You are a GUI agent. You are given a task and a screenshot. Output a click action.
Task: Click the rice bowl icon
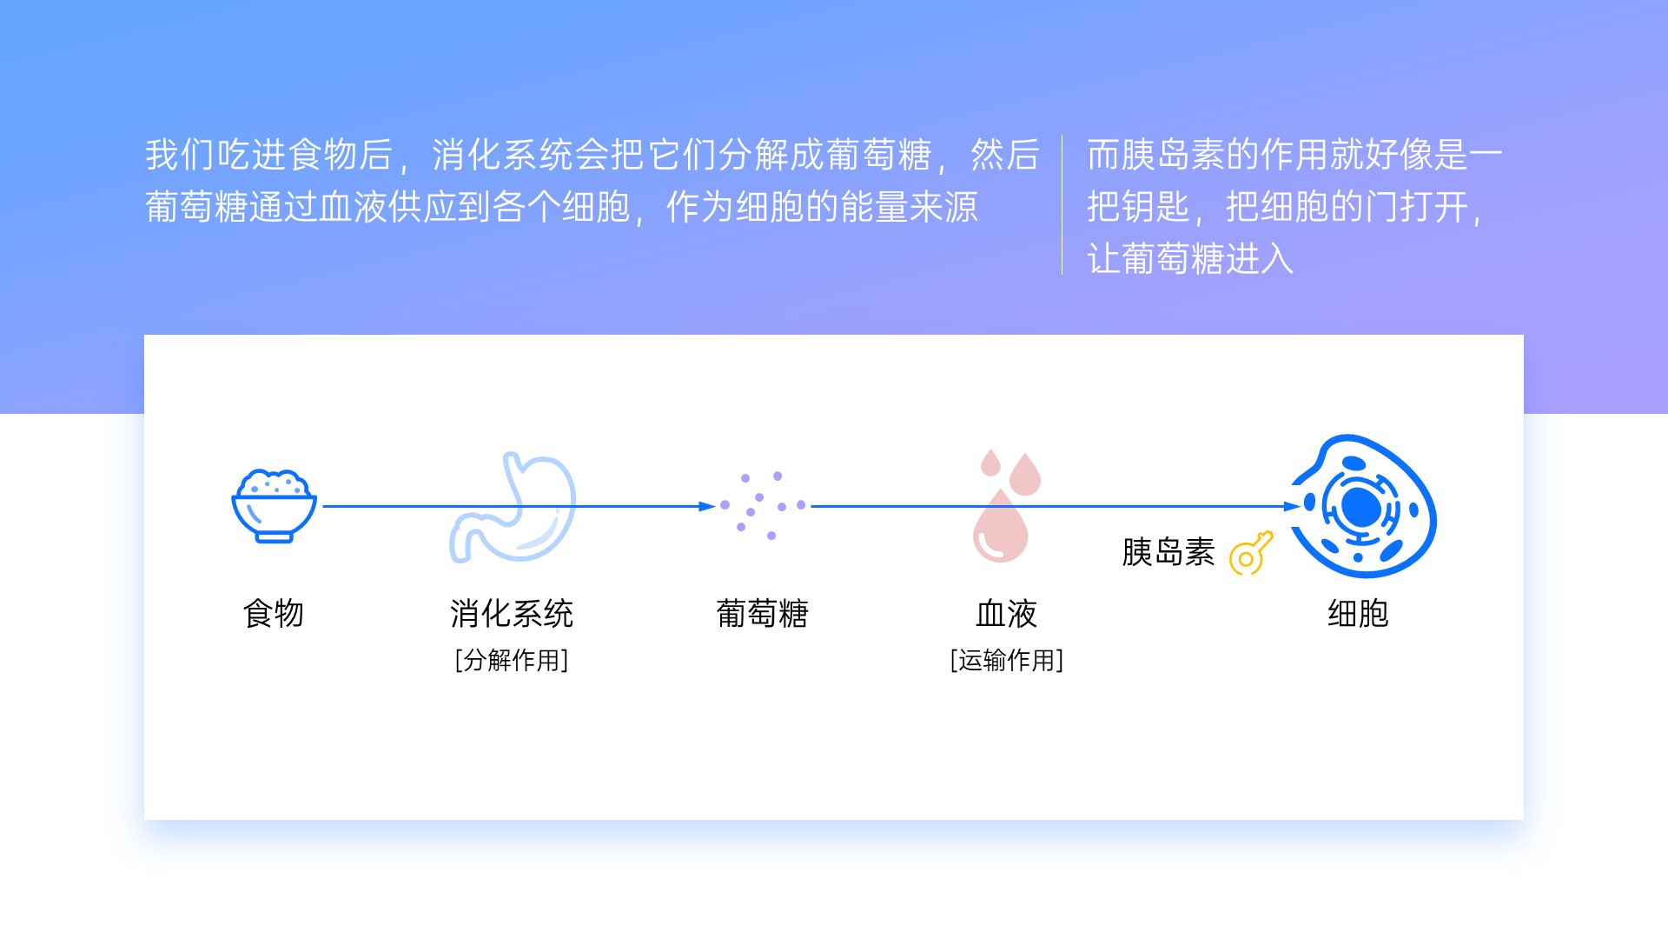click(x=274, y=506)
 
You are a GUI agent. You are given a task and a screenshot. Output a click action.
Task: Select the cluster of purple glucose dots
click(x=763, y=506)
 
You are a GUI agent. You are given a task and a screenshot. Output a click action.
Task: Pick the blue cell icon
click(x=1363, y=506)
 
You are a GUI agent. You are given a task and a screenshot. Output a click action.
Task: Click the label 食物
click(x=274, y=614)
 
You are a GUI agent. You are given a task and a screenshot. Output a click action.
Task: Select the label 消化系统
click(x=512, y=614)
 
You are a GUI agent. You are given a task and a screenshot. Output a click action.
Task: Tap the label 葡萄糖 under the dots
click(x=763, y=614)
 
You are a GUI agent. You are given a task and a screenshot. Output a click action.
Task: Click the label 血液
click(x=1007, y=614)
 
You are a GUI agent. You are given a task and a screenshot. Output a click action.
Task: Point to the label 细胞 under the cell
click(x=1358, y=614)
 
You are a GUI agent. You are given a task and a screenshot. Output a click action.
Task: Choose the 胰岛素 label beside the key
click(x=1168, y=552)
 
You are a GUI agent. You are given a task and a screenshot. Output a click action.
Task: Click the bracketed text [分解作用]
click(x=512, y=661)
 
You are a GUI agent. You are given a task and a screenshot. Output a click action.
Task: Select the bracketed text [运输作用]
click(x=1007, y=661)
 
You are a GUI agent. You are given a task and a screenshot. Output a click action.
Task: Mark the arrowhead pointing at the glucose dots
click(x=707, y=506)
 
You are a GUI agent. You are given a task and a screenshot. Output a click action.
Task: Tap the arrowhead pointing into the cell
click(x=1292, y=506)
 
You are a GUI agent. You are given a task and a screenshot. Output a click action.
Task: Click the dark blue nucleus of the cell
click(x=1360, y=507)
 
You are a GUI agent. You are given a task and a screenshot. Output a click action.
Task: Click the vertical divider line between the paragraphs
click(x=1062, y=205)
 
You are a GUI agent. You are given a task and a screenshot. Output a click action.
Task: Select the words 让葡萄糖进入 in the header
click(x=1190, y=259)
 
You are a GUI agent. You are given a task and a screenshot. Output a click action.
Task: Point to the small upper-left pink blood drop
click(x=990, y=463)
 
